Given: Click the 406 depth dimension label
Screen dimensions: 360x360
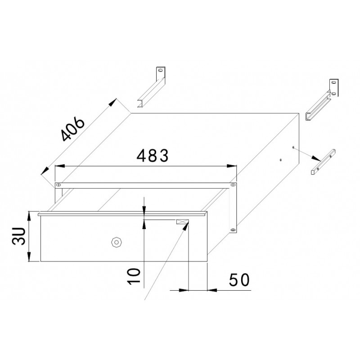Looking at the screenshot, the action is pyautogui.click(x=73, y=130).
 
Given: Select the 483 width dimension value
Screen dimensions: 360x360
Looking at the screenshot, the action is pyautogui.click(x=153, y=155).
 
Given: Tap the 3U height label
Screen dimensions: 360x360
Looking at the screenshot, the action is pyautogui.click(x=18, y=236).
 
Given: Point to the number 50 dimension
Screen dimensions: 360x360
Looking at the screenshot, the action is pyautogui.click(x=239, y=279).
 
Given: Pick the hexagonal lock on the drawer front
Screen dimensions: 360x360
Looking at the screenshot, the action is pyautogui.click(x=116, y=242).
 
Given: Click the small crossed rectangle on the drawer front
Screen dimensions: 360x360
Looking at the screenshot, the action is pyautogui.click(x=183, y=222).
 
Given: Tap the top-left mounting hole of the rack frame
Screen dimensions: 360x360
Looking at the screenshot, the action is pyautogui.click(x=58, y=184).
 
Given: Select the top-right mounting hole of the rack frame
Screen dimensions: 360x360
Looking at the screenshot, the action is pyautogui.click(x=233, y=184).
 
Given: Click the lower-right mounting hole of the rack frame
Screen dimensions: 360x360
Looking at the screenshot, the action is pyautogui.click(x=233, y=229).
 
